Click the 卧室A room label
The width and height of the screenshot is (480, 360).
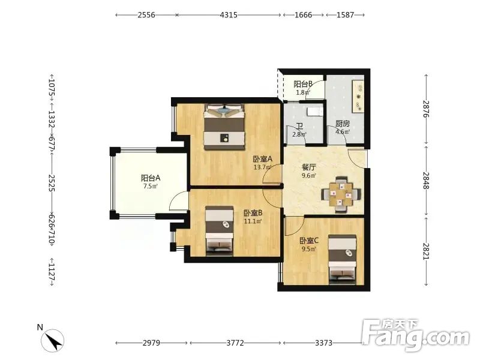click(x=262, y=159)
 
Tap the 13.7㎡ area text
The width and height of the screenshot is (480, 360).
click(x=262, y=167)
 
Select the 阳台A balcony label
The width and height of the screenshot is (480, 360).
click(x=151, y=178)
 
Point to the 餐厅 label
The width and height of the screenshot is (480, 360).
click(x=308, y=167)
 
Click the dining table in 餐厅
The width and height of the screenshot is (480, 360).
click(x=341, y=194)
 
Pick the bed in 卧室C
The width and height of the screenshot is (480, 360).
click(x=342, y=257)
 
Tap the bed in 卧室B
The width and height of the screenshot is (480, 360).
click(x=219, y=230)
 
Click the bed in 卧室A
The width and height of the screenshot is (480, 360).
click(x=224, y=127)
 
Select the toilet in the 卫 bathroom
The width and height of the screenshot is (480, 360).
click(x=314, y=111)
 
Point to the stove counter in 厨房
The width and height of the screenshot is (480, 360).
click(x=358, y=96)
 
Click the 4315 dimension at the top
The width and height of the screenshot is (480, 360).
click(x=229, y=14)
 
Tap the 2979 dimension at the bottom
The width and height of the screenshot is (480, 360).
click(x=151, y=343)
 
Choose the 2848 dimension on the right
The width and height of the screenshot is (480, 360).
click(x=426, y=181)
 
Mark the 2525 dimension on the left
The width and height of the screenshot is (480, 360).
click(x=52, y=183)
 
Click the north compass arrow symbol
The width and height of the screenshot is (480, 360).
click(x=53, y=340)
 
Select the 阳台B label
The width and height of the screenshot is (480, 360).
click(x=302, y=83)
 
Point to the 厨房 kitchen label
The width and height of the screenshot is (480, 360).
click(x=342, y=124)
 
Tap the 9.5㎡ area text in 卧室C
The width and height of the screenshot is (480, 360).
click(x=308, y=249)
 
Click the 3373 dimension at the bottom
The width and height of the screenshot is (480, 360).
click(x=323, y=343)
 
